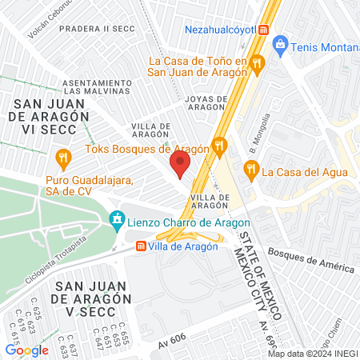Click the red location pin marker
pyautogui.click(x=180, y=165)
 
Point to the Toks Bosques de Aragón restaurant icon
pyautogui.click(x=221, y=146)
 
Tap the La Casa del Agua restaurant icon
pyautogui.click(x=250, y=170)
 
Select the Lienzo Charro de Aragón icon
pyautogui.click(x=117, y=218)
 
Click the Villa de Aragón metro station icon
pyautogui.click(x=141, y=246)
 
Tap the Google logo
pyautogui.click(x=26, y=350)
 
